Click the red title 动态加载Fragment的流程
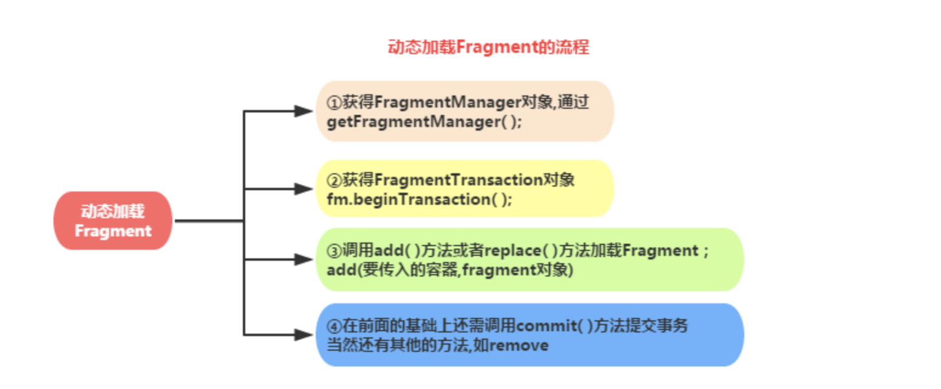coord(488,47)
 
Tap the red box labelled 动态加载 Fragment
coord(113,221)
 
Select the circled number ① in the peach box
coord(334,102)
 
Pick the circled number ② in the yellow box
coord(334,180)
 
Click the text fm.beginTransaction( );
coord(420,199)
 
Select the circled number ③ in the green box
coord(334,250)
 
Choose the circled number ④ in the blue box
coord(334,326)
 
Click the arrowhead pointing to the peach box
coord(303,111)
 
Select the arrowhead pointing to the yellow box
coord(303,189)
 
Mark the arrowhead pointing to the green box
coord(303,260)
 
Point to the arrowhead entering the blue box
coord(303,335)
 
